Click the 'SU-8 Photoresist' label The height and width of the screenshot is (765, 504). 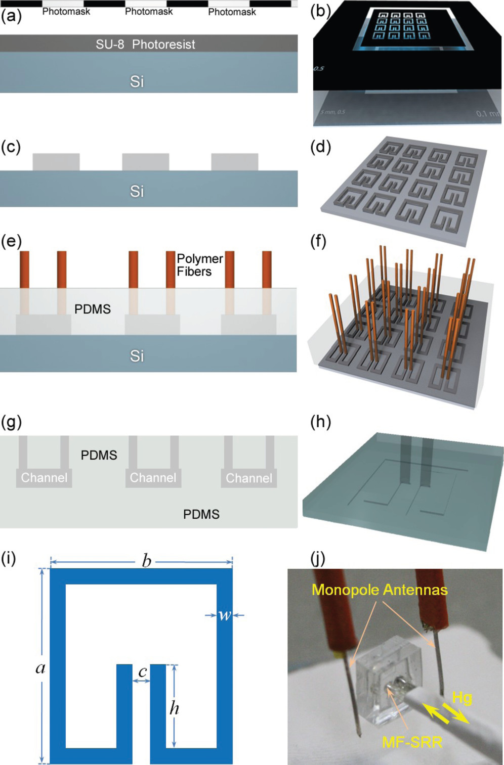(x=145, y=44)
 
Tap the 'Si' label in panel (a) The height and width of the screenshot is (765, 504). (x=137, y=81)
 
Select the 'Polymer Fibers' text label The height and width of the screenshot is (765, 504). (x=199, y=265)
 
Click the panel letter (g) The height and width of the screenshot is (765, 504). (x=11, y=422)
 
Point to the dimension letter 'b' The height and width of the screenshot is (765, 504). (x=146, y=561)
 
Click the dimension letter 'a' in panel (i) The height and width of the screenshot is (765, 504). (x=40, y=668)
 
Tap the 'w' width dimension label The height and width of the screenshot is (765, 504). (x=224, y=615)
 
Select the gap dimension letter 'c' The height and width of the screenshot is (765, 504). (x=142, y=671)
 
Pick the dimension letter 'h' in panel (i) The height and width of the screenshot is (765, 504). (x=174, y=708)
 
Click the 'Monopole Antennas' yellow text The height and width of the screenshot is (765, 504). (x=380, y=590)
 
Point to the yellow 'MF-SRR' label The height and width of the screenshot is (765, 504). (x=412, y=742)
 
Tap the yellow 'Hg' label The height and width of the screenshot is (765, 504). (x=461, y=698)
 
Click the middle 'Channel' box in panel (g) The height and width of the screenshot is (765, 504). (x=153, y=478)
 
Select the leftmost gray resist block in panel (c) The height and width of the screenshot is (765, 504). (x=56, y=162)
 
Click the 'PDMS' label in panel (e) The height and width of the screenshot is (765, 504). (x=93, y=309)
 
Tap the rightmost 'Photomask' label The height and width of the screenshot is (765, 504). (x=232, y=12)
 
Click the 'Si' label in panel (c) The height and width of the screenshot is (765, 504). (x=137, y=191)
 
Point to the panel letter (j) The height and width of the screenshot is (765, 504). (x=318, y=559)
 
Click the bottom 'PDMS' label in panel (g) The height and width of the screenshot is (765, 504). (x=201, y=514)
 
